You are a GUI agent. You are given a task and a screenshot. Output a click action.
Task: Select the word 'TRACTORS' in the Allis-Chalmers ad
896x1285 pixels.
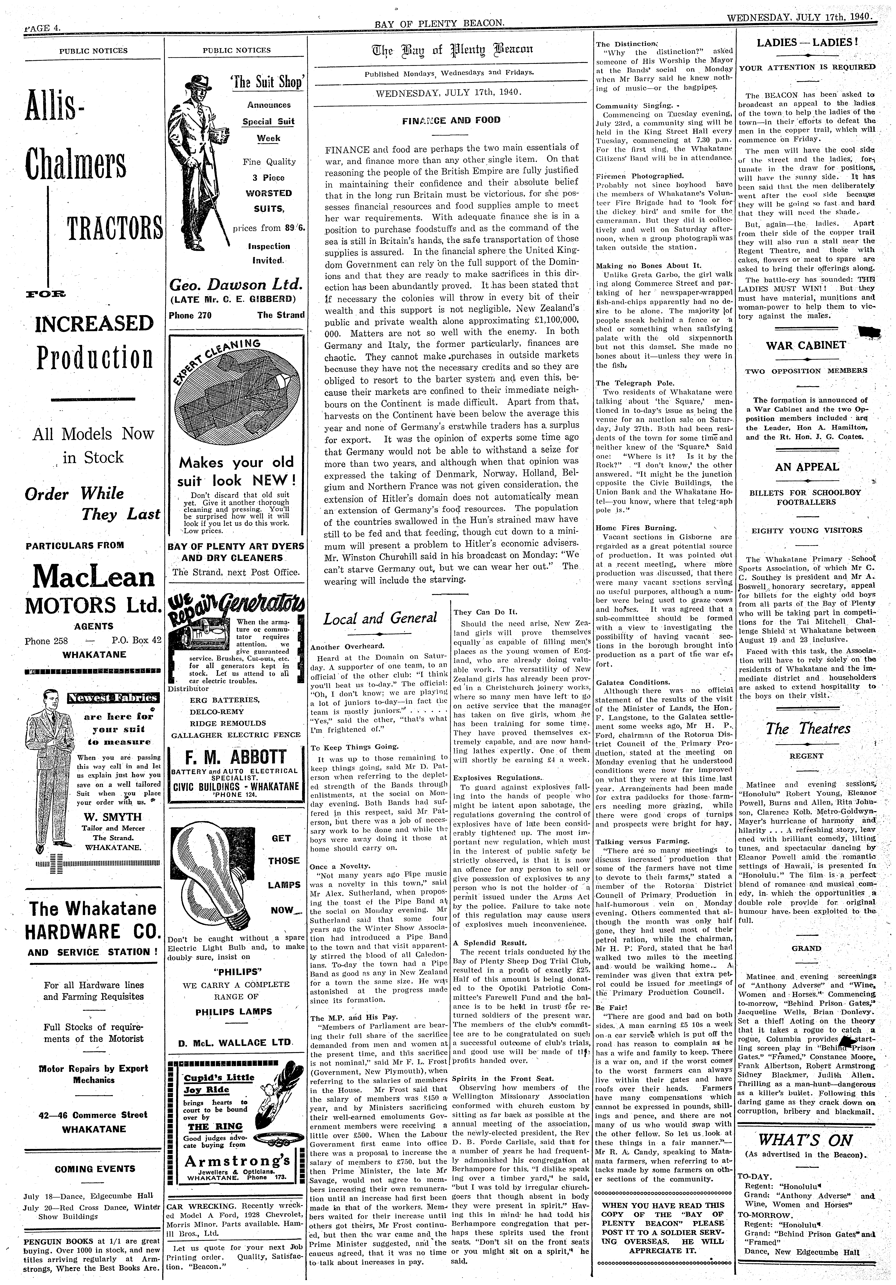point(114,228)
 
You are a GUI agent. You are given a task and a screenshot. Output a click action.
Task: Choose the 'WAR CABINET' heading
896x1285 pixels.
point(806,345)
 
